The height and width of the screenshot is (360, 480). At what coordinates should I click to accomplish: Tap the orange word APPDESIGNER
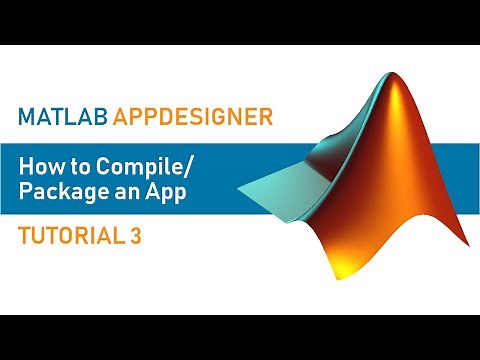pos(193,117)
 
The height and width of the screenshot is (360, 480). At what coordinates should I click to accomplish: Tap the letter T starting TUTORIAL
pos(24,236)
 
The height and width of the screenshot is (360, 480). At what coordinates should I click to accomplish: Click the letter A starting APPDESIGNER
pos(118,117)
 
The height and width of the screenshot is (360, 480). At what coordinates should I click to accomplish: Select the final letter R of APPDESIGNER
pos(267,117)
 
